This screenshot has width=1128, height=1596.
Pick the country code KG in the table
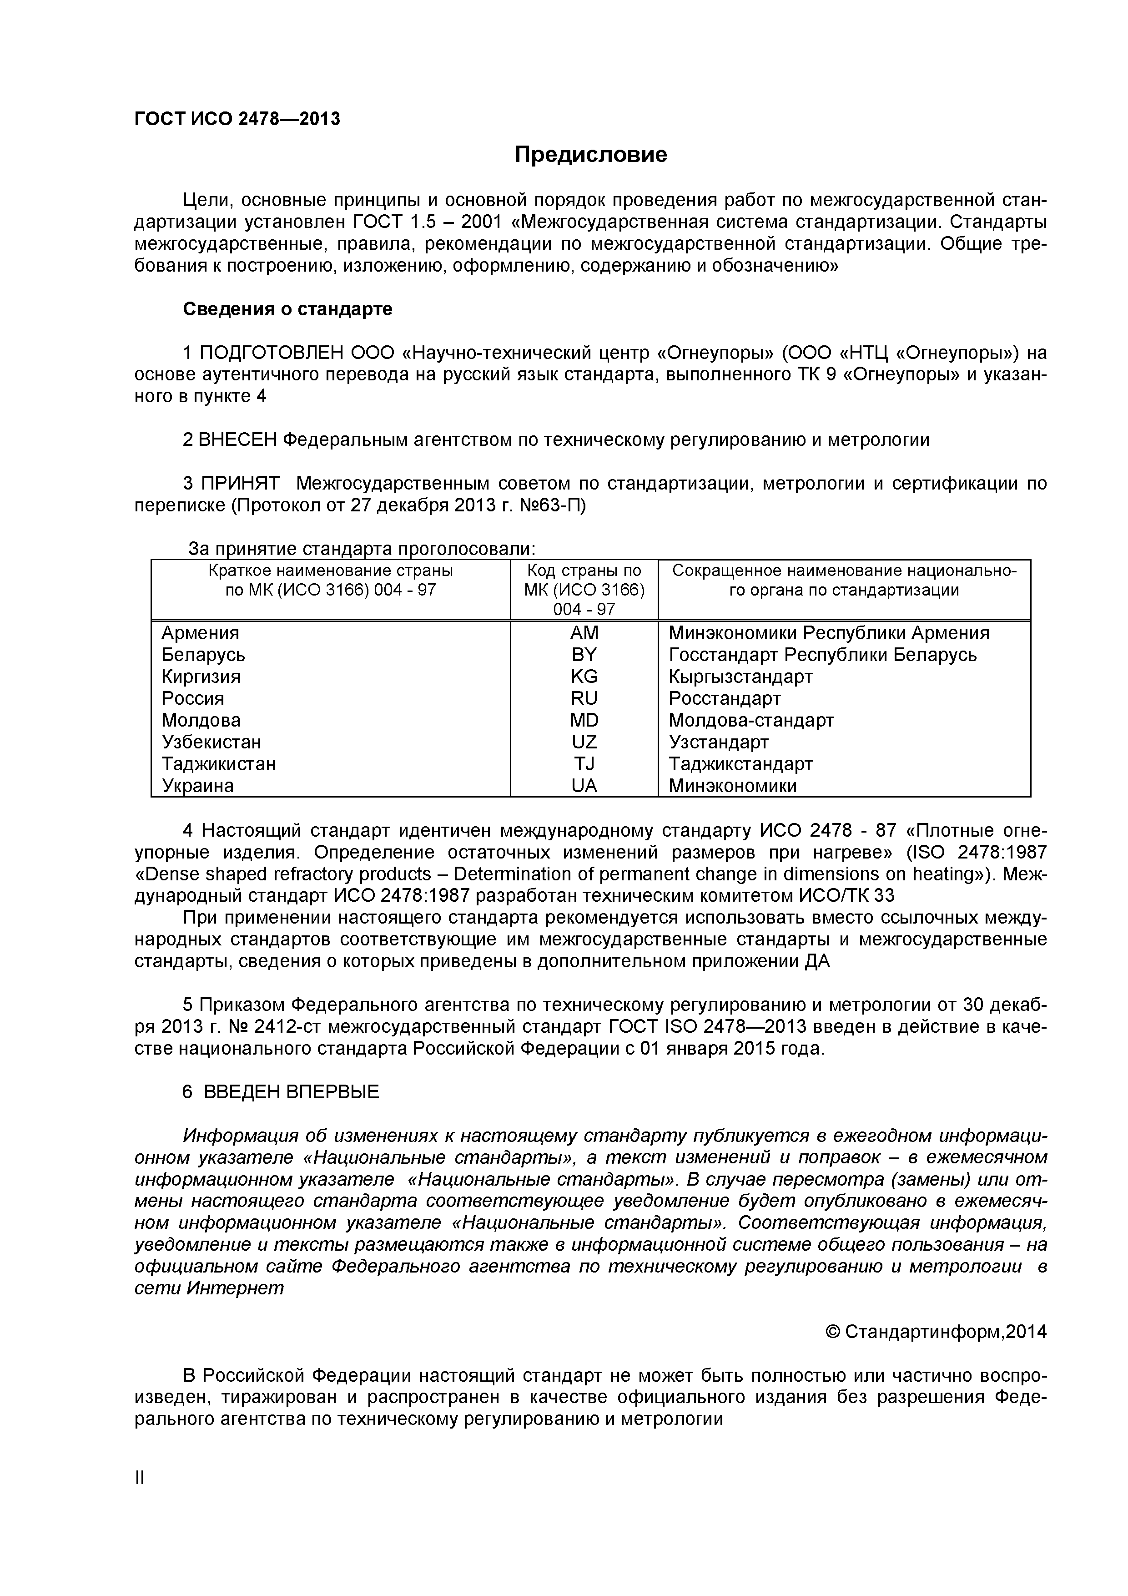[584, 677]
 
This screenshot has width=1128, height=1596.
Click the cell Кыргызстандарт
[740, 677]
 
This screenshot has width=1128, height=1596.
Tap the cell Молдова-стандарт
[750, 721]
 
